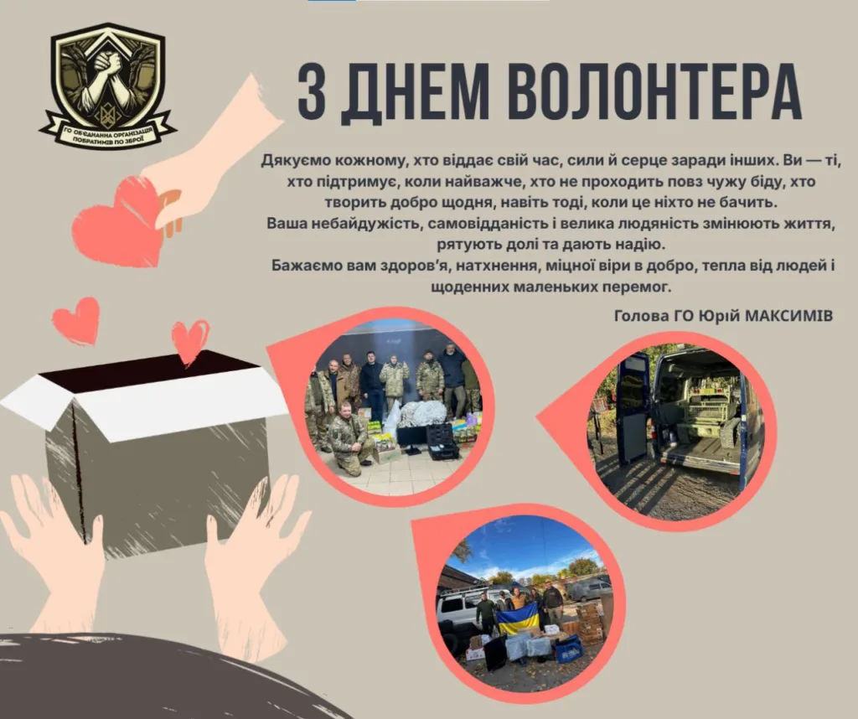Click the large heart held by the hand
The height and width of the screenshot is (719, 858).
pyautogui.click(x=119, y=221)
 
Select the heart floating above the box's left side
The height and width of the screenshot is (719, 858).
pyautogui.click(x=77, y=319)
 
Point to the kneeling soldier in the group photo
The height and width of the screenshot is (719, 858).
pyautogui.click(x=348, y=438)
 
